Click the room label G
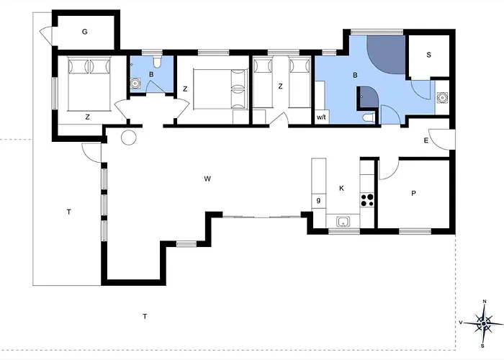[84, 32]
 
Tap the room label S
[428, 55]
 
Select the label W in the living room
[207, 179]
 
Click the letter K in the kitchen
[341, 189]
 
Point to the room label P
[414, 193]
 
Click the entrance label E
[426, 140]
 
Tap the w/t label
[321, 117]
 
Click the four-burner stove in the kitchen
[367, 200]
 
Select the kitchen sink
[343, 222]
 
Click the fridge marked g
[318, 201]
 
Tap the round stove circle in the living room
[129, 138]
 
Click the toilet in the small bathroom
[157, 62]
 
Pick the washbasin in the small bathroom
[135, 84]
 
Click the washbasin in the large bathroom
[442, 97]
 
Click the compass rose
[483, 323]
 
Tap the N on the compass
[485, 301]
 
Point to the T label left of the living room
[69, 212]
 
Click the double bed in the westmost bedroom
[89, 84]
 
